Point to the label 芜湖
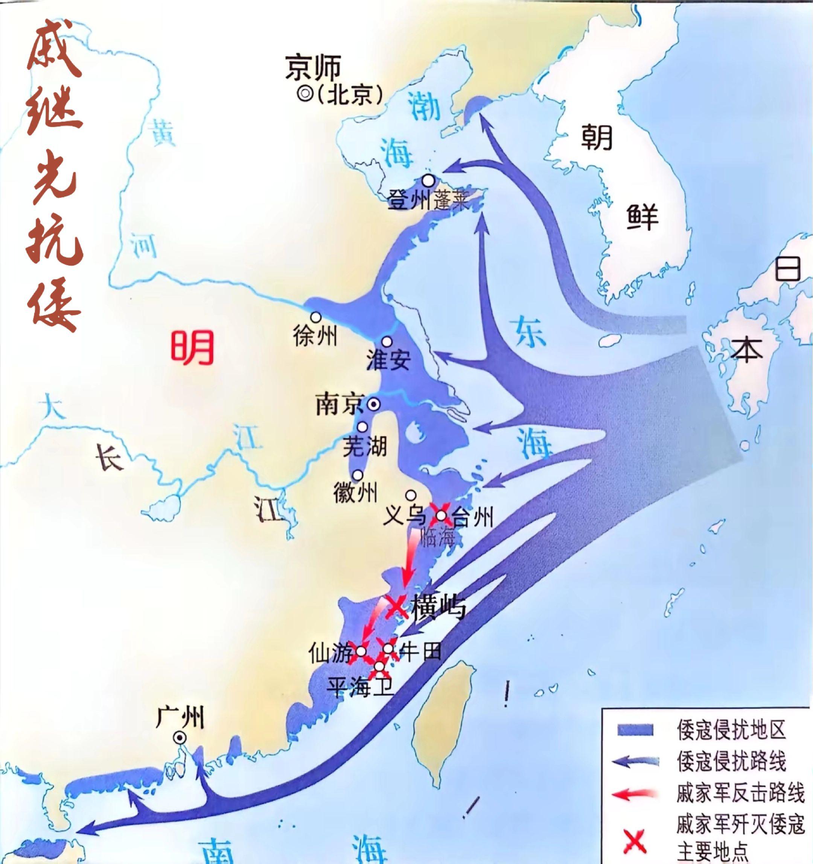364,446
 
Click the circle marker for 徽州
358,475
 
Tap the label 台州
472,518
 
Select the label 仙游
330,652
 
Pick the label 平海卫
361,688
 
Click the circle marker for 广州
179,737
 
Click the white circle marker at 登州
429,179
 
